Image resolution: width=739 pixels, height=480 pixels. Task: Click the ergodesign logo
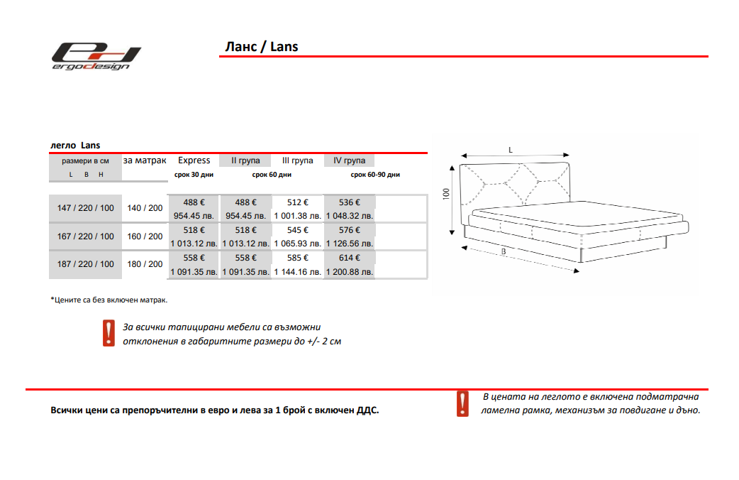click(95, 56)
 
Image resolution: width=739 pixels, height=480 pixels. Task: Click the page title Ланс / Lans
click(261, 47)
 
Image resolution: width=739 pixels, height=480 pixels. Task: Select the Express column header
click(194, 160)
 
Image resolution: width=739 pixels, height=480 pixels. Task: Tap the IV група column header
click(349, 160)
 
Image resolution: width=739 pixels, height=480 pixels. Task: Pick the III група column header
click(297, 160)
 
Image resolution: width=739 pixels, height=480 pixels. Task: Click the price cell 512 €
click(297, 202)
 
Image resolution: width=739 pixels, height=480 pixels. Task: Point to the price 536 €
click(350, 202)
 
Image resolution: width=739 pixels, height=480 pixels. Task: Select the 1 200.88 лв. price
click(350, 272)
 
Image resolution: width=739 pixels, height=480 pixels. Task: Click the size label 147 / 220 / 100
click(85, 208)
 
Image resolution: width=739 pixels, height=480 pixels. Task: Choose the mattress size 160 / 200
click(145, 236)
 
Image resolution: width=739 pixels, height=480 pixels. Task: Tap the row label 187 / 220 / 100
click(85, 264)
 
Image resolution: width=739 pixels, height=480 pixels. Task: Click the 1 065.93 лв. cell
click(297, 244)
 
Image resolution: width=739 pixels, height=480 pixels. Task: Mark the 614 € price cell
click(350, 258)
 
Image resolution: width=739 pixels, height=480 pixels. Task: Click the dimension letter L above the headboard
click(511, 150)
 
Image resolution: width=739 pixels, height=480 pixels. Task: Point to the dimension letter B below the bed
click(502, 252)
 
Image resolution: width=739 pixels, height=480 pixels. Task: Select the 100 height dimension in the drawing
click(446, 194)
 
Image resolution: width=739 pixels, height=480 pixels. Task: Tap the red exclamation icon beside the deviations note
click(109, 333)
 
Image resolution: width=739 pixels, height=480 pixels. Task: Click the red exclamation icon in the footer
click(462, 403)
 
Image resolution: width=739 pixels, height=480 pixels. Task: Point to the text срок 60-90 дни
click(375, 175)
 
